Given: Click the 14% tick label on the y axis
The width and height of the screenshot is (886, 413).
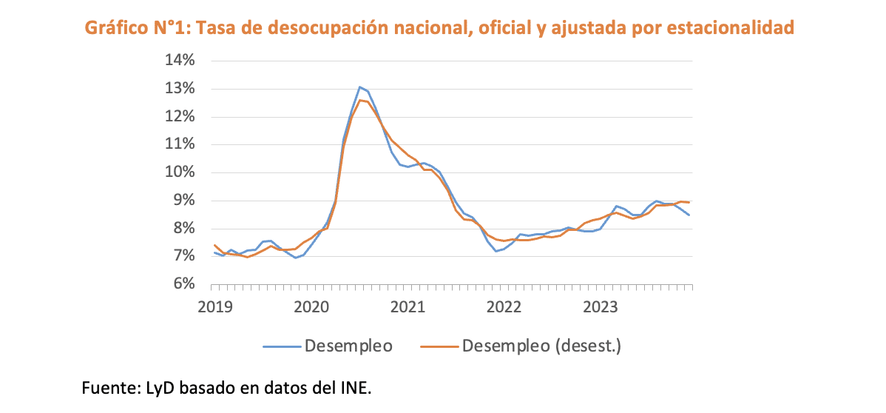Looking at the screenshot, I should tap(179, 61).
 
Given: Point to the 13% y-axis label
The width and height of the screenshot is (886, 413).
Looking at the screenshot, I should tap(179, 89).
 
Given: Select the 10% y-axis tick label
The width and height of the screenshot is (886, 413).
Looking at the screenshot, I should tap(179, 172).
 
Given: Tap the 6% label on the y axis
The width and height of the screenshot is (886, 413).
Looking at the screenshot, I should tap(182, 284).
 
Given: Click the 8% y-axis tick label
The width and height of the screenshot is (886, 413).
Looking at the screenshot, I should tap(182, 229).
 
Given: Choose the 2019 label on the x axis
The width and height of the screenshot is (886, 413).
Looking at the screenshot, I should tap(212, 306).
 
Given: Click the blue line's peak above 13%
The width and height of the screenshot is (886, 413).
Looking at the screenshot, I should tap(359, 87).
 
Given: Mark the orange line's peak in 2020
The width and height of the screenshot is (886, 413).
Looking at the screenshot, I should tap(360, 100).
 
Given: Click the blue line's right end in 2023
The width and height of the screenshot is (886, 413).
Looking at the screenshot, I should tap(690, 215).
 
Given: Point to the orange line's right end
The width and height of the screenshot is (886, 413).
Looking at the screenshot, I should tap(690, 202).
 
